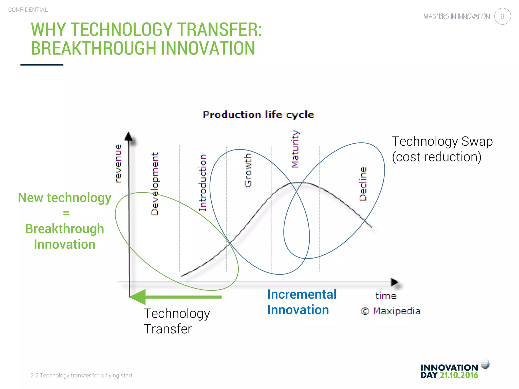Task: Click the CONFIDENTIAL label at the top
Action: (x=28, y=10)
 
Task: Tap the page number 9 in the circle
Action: (x=502, y=16)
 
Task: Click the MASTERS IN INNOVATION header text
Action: (x=456, y=17)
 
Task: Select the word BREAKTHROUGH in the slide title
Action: (x=94, y=48)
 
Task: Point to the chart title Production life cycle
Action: (x=258, y=115)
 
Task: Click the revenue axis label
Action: (x=118, y=163)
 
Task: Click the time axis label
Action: (x=385, y=296)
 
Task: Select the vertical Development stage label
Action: (x=155, y=184)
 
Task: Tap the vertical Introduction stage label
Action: (x=203, y=183)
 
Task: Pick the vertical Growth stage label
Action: (x=248, y=170)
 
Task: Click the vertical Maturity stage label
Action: (x=295, y=149)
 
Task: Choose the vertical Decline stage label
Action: (x=363, y=184)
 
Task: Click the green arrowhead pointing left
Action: (x=138, y=297)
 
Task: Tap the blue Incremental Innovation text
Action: (x=302, y=302)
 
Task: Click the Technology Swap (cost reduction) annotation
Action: (x=442, y=149)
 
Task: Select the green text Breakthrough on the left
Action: (x=65, y=229)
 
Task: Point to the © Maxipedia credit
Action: (x=391, y=311)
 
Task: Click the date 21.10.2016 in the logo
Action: (x=459, y=375)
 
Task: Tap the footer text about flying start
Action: (x=81, y=375)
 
